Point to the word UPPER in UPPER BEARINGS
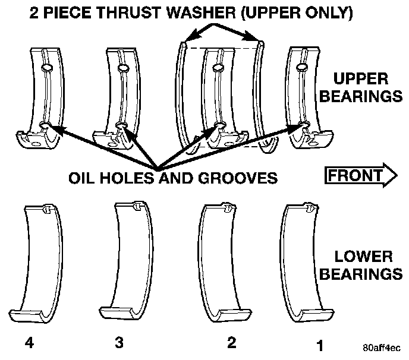361,79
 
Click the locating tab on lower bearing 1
309,209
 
